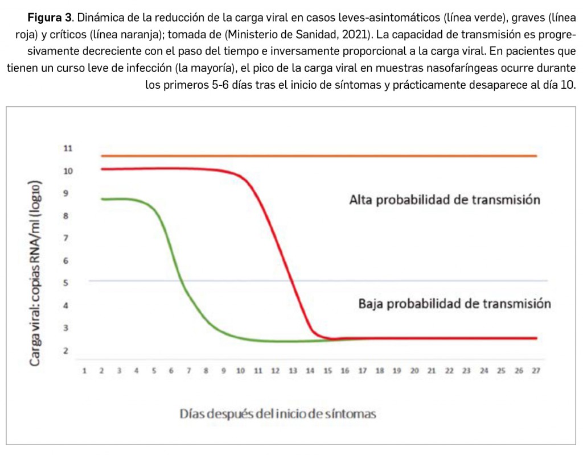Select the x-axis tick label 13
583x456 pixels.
pos(293,371)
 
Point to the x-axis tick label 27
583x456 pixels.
pos(536,371)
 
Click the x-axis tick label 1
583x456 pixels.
pos(84,371)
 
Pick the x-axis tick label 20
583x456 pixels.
pos(414,371)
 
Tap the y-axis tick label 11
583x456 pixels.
pos(68,148)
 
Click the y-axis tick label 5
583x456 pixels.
pos(66,283)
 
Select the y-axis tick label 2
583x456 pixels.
pos(66,351)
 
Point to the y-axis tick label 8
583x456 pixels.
pos(66,216)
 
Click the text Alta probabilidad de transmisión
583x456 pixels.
pos(444,200)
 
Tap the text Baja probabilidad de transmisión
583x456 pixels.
pos(454,304)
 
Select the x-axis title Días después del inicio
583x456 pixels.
pos(278,413)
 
